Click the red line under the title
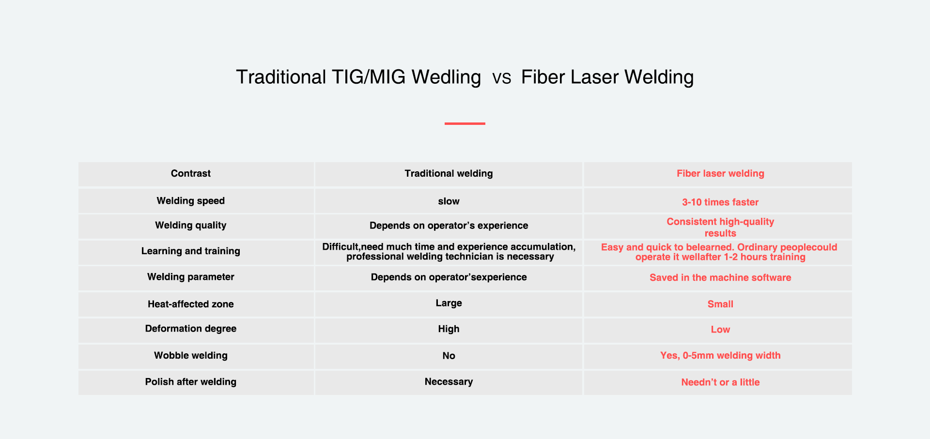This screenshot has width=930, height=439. (465, 123)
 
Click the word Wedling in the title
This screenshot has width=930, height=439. (446, 77)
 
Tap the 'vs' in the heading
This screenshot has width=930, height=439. (501, 78)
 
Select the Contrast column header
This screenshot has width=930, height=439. (191, 173)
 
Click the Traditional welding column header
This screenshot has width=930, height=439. (449, 173)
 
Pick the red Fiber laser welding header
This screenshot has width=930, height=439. (720, 173)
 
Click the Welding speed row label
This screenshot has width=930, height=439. (191, 201)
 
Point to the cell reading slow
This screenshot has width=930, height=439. (449, 201)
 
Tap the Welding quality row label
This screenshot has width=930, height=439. (191, 225)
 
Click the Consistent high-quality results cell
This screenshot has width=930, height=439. (720, 227)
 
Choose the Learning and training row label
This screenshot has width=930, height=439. (191, 251)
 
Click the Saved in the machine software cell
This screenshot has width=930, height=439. (720, 277)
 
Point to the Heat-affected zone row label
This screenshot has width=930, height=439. (191, 304)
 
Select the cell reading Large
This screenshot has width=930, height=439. (449, 303)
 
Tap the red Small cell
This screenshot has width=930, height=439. (720, 304)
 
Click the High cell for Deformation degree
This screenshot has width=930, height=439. (449, 329)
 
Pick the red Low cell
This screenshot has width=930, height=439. (720, 330)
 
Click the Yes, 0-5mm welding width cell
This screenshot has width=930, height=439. (720, 356)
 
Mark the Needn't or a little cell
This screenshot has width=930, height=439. (720, 382)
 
